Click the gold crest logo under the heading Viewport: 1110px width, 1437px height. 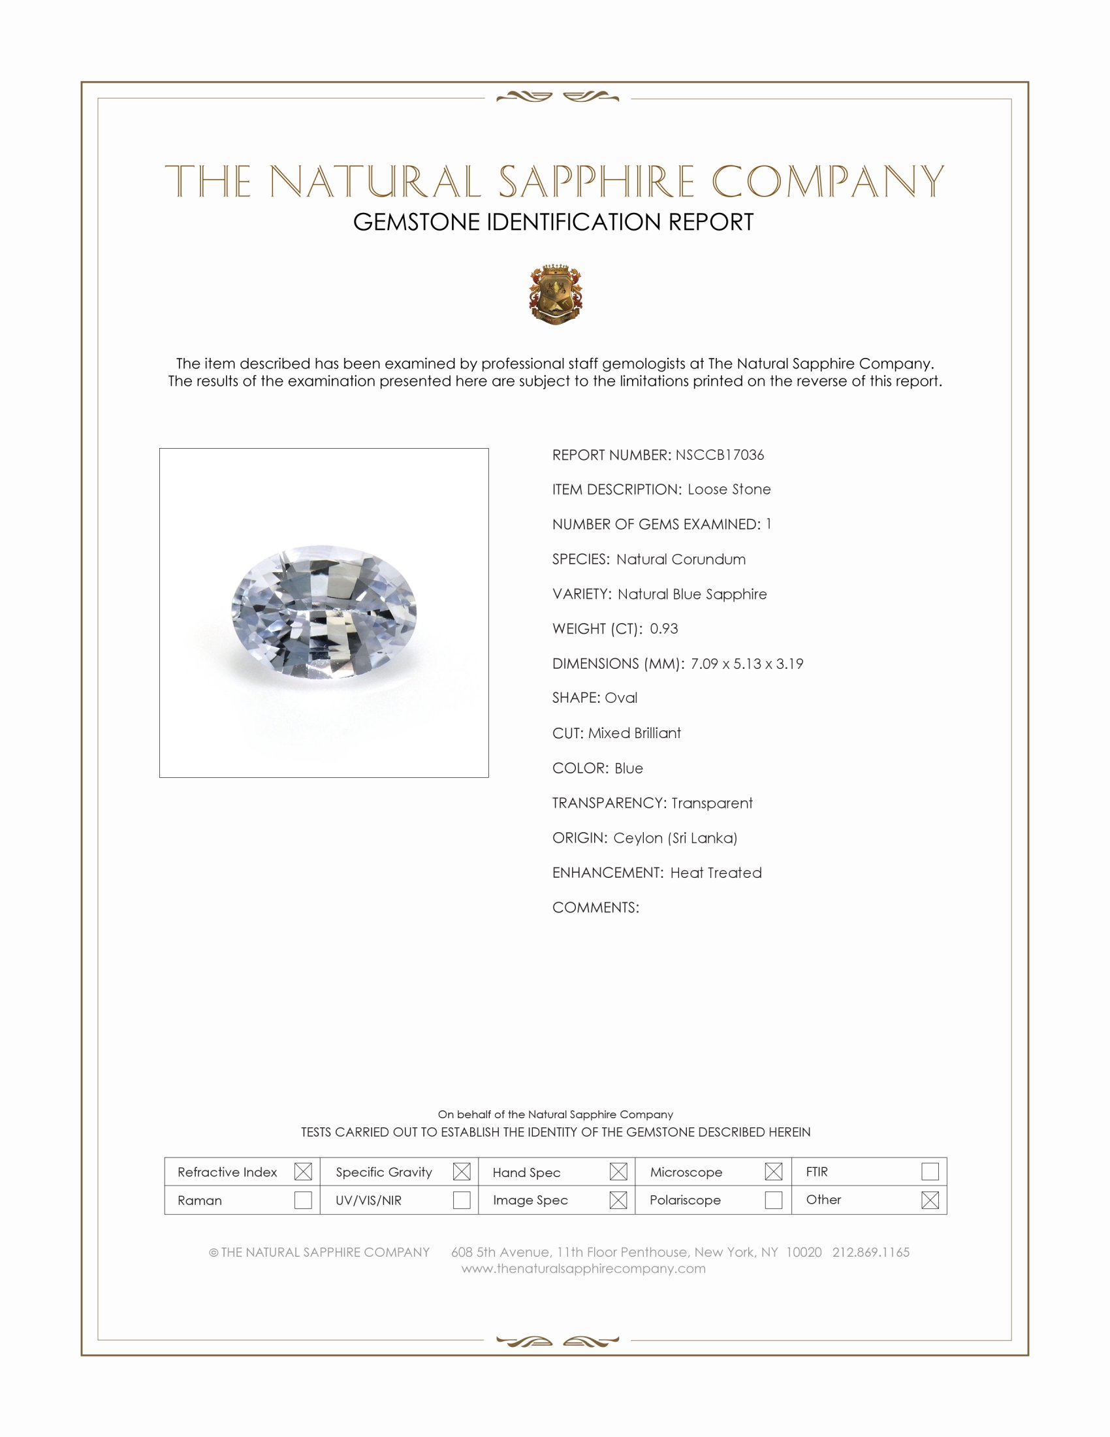click(556, 294)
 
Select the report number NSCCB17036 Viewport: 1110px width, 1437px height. click(720, 455)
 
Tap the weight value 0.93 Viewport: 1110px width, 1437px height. click(663, 628)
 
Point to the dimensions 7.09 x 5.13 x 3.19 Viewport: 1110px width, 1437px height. click(746, 663)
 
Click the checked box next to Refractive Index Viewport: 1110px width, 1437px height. click(303, 1171)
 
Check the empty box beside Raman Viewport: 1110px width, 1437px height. click(303, 1200)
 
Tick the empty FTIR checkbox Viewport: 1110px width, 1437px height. click(930, 1171)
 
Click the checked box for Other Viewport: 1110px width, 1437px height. click(930, 1200)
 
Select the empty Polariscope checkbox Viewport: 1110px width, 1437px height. click(773, 1200)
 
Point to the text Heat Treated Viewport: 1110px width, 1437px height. click(716, 873)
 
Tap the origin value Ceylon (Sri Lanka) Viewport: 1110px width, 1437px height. click(674, 837)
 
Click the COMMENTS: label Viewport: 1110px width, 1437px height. click(595, 907)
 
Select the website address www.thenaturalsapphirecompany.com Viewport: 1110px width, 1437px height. click(583, 1268)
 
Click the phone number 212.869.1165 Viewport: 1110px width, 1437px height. click(870, 1252)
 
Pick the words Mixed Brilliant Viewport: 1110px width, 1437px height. click(634, 733)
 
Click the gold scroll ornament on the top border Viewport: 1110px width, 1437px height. click(557, 97)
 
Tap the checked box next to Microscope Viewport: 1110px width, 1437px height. click(773, 1171)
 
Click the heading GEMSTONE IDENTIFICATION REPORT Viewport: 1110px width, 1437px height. click(553, 222)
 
